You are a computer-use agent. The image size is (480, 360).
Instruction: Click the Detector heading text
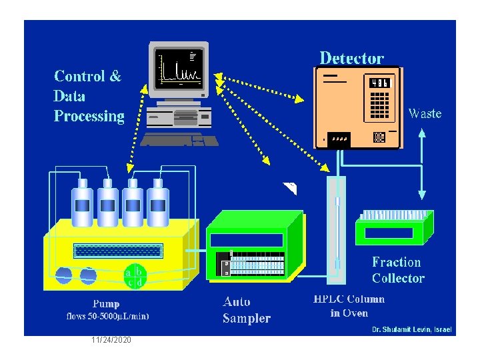pos(351,58)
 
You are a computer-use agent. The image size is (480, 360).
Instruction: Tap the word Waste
pos(425,114)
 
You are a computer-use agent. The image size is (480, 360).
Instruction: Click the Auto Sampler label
pos(247,310)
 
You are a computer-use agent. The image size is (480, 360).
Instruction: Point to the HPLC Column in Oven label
pos(349,306)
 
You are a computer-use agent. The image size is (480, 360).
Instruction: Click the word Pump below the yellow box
pos(106,304)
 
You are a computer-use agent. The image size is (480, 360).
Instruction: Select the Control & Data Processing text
pos(89,96)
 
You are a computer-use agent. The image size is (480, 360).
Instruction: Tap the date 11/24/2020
pos(111,341)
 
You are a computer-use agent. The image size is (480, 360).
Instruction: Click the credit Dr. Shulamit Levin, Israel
pos(411,330)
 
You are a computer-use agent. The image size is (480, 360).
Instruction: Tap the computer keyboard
pos(179,139)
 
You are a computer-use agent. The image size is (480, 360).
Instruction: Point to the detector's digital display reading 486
pos(379,83)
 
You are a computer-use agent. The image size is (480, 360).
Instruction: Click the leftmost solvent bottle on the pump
pos(83,203)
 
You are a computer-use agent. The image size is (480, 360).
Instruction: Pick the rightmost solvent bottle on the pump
pos(158,203)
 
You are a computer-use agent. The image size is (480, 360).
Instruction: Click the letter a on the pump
pos(127,272)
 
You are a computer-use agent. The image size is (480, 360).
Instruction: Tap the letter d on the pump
pos(139,283)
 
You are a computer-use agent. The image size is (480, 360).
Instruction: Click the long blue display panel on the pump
pos(118,251)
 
